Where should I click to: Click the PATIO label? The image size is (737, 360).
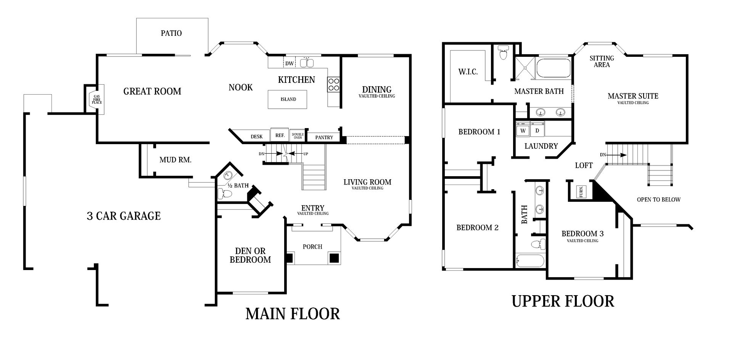pyautogui.click(x=171, y=33)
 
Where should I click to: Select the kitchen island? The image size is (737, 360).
pyautogui.click(x=288, y=99)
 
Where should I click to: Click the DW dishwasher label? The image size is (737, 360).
pyautogui.click(x=290, y=63)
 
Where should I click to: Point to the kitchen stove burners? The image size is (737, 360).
pyautogui.click(x=334, y=84)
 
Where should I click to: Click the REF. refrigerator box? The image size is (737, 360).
pyautogui.click(x=280, y=135)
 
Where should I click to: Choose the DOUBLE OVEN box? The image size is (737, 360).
pyautogui.click(x=298, y=136)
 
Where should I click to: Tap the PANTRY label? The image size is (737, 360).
pyautogui.click(x=324, y=137)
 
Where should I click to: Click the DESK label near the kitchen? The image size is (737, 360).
pyautogui.click(x=256, y=137)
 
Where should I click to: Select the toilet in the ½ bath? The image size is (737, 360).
pyautogui.click(x=225, y=194)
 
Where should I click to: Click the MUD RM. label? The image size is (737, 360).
pyautogui.click(x=175, y=160)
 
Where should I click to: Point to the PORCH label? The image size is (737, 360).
pyautogui.click(x=312, y=247)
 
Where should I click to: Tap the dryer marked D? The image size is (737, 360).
pyautogui.click(x=537, y=130)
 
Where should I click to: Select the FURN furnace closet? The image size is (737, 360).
pyautogui.click(x=580, y=191)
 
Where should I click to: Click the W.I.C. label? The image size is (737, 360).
pyautogui.click(x=468, y=72)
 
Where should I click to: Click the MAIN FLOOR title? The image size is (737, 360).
pyautogui.click(x=293, y=313)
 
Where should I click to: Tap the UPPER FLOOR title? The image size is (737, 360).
pyautogui.click(x=563, y=301)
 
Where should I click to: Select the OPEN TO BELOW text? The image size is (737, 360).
pyautogui.click(x=658, y=199)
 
